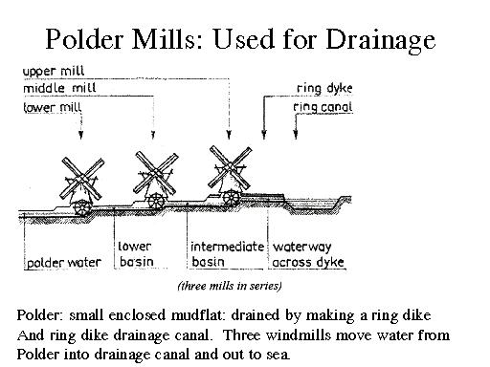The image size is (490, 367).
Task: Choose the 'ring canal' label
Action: click(x=323, y=108)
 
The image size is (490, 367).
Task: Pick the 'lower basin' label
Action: click(x=134, y=253)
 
